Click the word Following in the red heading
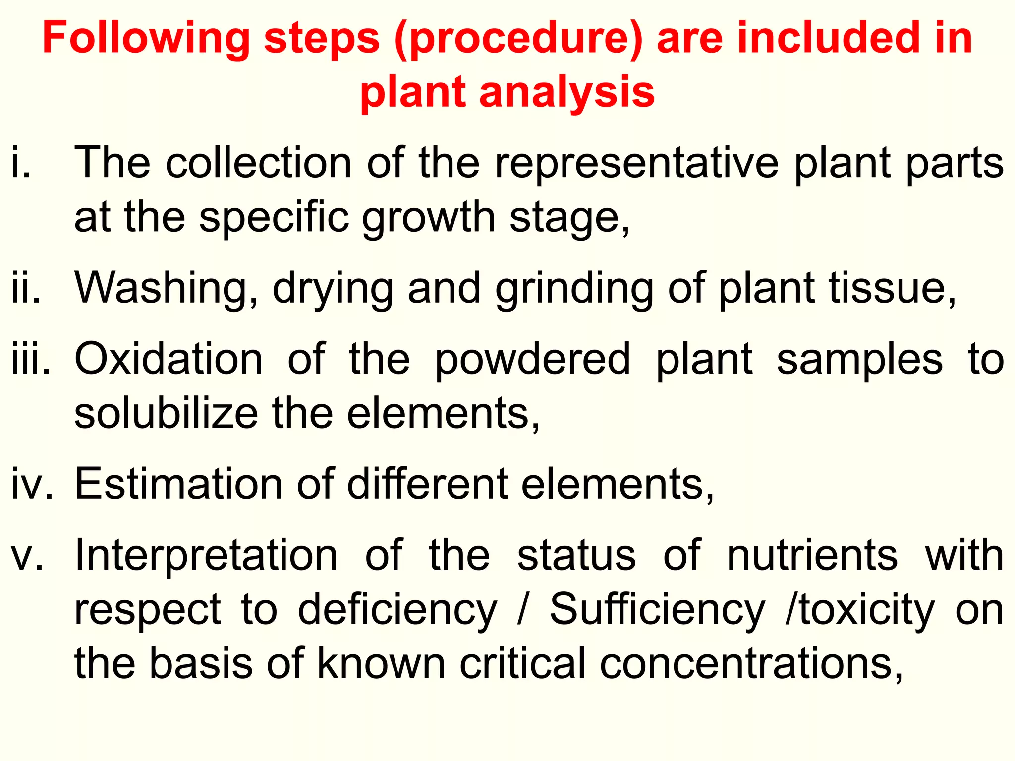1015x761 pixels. click(x=146, y=39)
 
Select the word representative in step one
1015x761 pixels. click(x=637, y=163)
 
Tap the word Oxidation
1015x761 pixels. click(x=169, y=359)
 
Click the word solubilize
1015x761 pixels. click(x=166, y=413)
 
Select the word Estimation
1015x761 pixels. click(x=178, y=484)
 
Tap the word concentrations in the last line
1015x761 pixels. click(x=751, y=663)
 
